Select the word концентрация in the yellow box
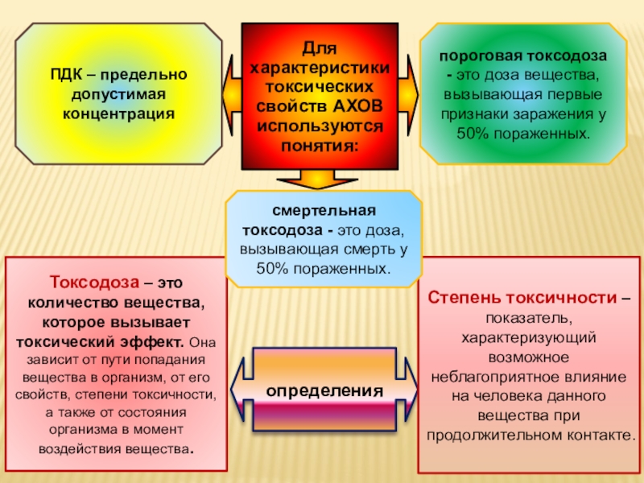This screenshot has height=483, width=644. click(118, 111)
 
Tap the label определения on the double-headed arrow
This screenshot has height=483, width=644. click(324, 390)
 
